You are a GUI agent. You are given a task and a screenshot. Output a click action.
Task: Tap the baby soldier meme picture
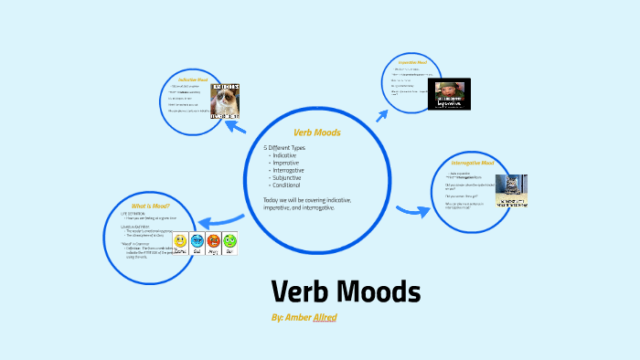[451, 91]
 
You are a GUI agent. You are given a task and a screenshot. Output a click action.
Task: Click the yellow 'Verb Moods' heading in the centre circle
[316, 132]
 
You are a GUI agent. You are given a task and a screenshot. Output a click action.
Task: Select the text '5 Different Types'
[284, 148]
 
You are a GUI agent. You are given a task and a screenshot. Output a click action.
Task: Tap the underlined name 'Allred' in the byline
[325, 317]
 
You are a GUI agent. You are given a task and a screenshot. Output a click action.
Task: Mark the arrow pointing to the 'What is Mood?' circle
[219, 219]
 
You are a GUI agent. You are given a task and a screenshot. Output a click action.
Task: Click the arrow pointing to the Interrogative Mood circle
[415, 210]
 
